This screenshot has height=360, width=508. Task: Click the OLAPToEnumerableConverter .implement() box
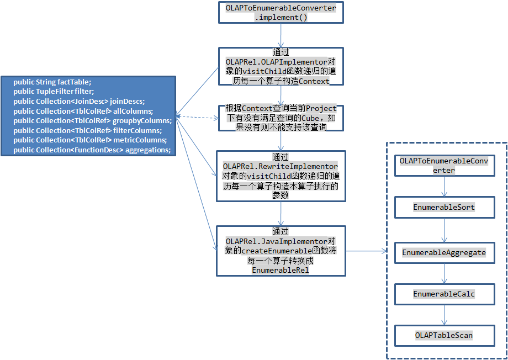point(281,13)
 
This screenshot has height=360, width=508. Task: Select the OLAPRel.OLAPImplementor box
point(281,66)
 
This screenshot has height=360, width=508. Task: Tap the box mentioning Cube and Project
point(281,118)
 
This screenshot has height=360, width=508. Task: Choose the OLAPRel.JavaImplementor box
point(281,251)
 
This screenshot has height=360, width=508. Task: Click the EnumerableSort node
point(444,207)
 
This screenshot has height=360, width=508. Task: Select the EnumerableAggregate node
point(444,252)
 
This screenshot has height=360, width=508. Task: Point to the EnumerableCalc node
point(444,294)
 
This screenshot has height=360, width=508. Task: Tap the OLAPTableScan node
point(444,335)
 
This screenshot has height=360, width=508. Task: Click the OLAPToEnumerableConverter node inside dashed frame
point(444,166)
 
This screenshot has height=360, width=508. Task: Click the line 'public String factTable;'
point(52,82)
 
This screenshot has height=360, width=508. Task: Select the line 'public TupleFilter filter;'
point(54,92)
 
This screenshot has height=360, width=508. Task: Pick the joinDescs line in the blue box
point(78,101)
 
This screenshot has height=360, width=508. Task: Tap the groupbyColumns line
point(92,120)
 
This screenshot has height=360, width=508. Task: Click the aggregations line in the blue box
point(92,150)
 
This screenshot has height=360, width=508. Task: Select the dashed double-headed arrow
point(197,117)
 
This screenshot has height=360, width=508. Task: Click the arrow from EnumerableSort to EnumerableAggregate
point(445,230)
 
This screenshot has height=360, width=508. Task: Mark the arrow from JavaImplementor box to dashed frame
point(366,251)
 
